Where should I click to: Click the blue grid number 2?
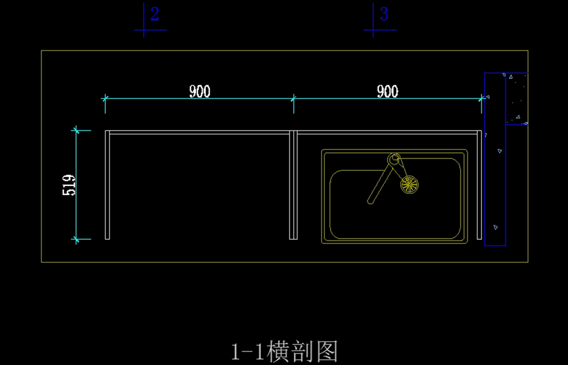154,14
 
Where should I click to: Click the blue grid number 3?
384,14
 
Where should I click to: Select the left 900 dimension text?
200,91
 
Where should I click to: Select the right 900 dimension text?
387,91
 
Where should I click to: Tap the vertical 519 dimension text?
70,185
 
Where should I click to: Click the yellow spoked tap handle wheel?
409,184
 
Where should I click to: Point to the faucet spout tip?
370,201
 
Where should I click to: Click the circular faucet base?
394,158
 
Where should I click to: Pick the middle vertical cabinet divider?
293,185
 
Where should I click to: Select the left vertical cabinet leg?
107,185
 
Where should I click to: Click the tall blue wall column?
495,190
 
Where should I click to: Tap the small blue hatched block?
517,99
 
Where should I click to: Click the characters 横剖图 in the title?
302,352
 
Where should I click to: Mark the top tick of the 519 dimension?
76,129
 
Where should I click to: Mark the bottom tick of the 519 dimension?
76,239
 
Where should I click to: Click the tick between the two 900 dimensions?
293,98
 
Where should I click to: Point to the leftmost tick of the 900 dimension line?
105,98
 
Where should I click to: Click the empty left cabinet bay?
199,185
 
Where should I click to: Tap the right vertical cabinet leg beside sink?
479,185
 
